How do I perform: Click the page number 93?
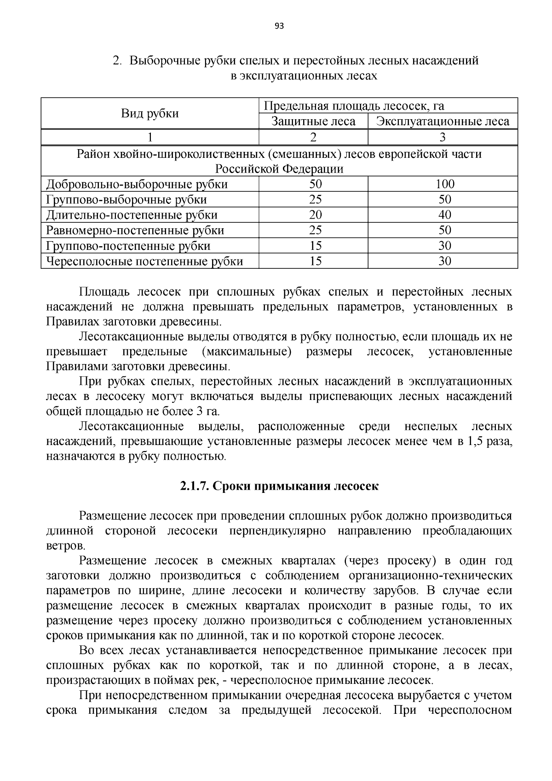(279, 26)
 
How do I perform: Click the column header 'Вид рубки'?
(150, 114)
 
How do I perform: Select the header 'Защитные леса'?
(313, 121)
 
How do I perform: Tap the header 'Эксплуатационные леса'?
(443, 121)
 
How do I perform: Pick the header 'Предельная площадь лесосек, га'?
(354, 106)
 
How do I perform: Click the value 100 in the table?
(444, 184)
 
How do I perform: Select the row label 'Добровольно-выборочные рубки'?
(137, 185)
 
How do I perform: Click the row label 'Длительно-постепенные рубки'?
(132, 215)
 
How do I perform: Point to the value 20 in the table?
(315, 215)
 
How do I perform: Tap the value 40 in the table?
(444, 215)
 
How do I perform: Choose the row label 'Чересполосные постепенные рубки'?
(144, 261)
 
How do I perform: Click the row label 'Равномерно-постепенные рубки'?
(135, 230)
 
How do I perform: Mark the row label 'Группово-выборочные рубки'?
(126, 200)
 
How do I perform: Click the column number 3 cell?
(443, 137)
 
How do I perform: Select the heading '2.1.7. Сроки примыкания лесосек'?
(279, 486)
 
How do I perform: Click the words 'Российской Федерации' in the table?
(279, 169)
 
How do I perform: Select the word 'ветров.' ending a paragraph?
(66, 546)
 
